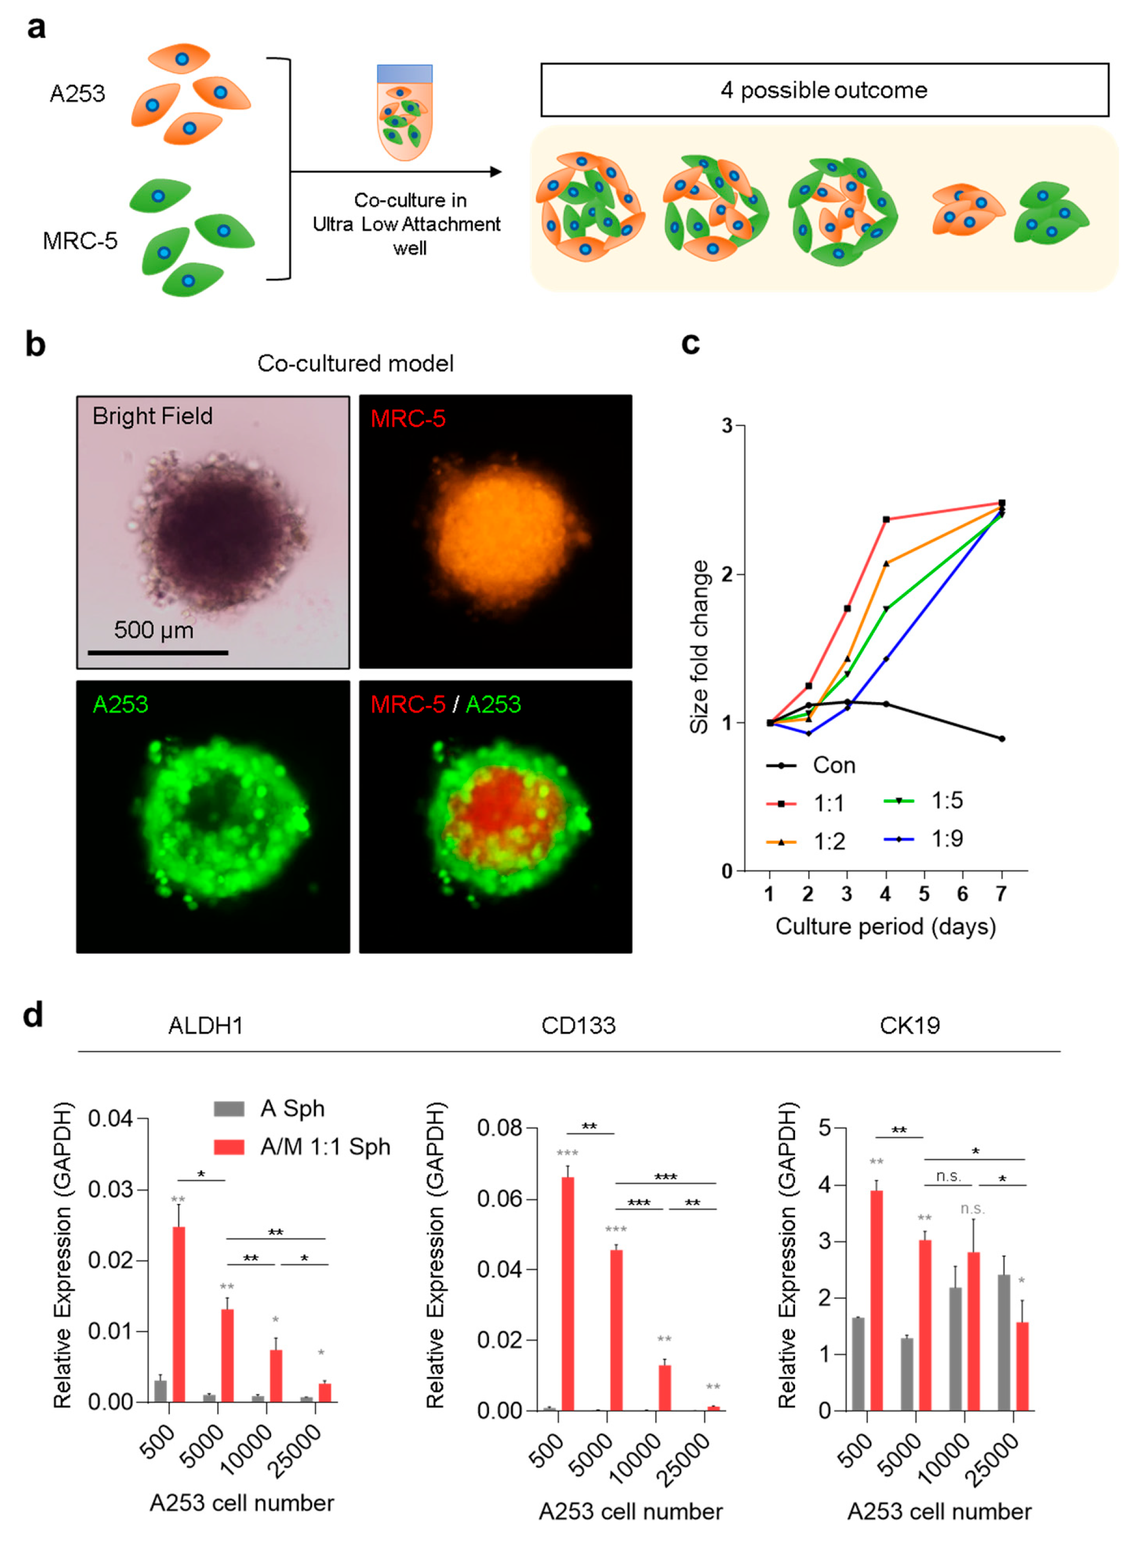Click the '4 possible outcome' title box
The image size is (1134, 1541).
click(x=824, y=90)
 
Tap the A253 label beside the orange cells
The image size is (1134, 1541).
click(x=77, y=93)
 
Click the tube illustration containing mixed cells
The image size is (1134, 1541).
click(x=404, y=114)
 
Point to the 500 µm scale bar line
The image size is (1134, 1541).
click(x=158, y=652)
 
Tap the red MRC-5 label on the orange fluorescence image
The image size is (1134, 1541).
click(x=408, y=418)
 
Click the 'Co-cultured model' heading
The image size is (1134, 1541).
click(x=355, y=363)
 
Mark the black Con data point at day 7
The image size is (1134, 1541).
click(x=1001, y=739)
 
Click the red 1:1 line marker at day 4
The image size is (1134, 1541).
click(x=886, y=519)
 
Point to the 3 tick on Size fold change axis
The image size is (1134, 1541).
click(x=728, y=426)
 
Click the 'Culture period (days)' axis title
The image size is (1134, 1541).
click(x=885, y=926)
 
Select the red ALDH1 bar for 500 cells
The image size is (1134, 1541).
click(x=178, y=1315)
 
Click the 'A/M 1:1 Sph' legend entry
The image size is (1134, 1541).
click(x=302, y=1146)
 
